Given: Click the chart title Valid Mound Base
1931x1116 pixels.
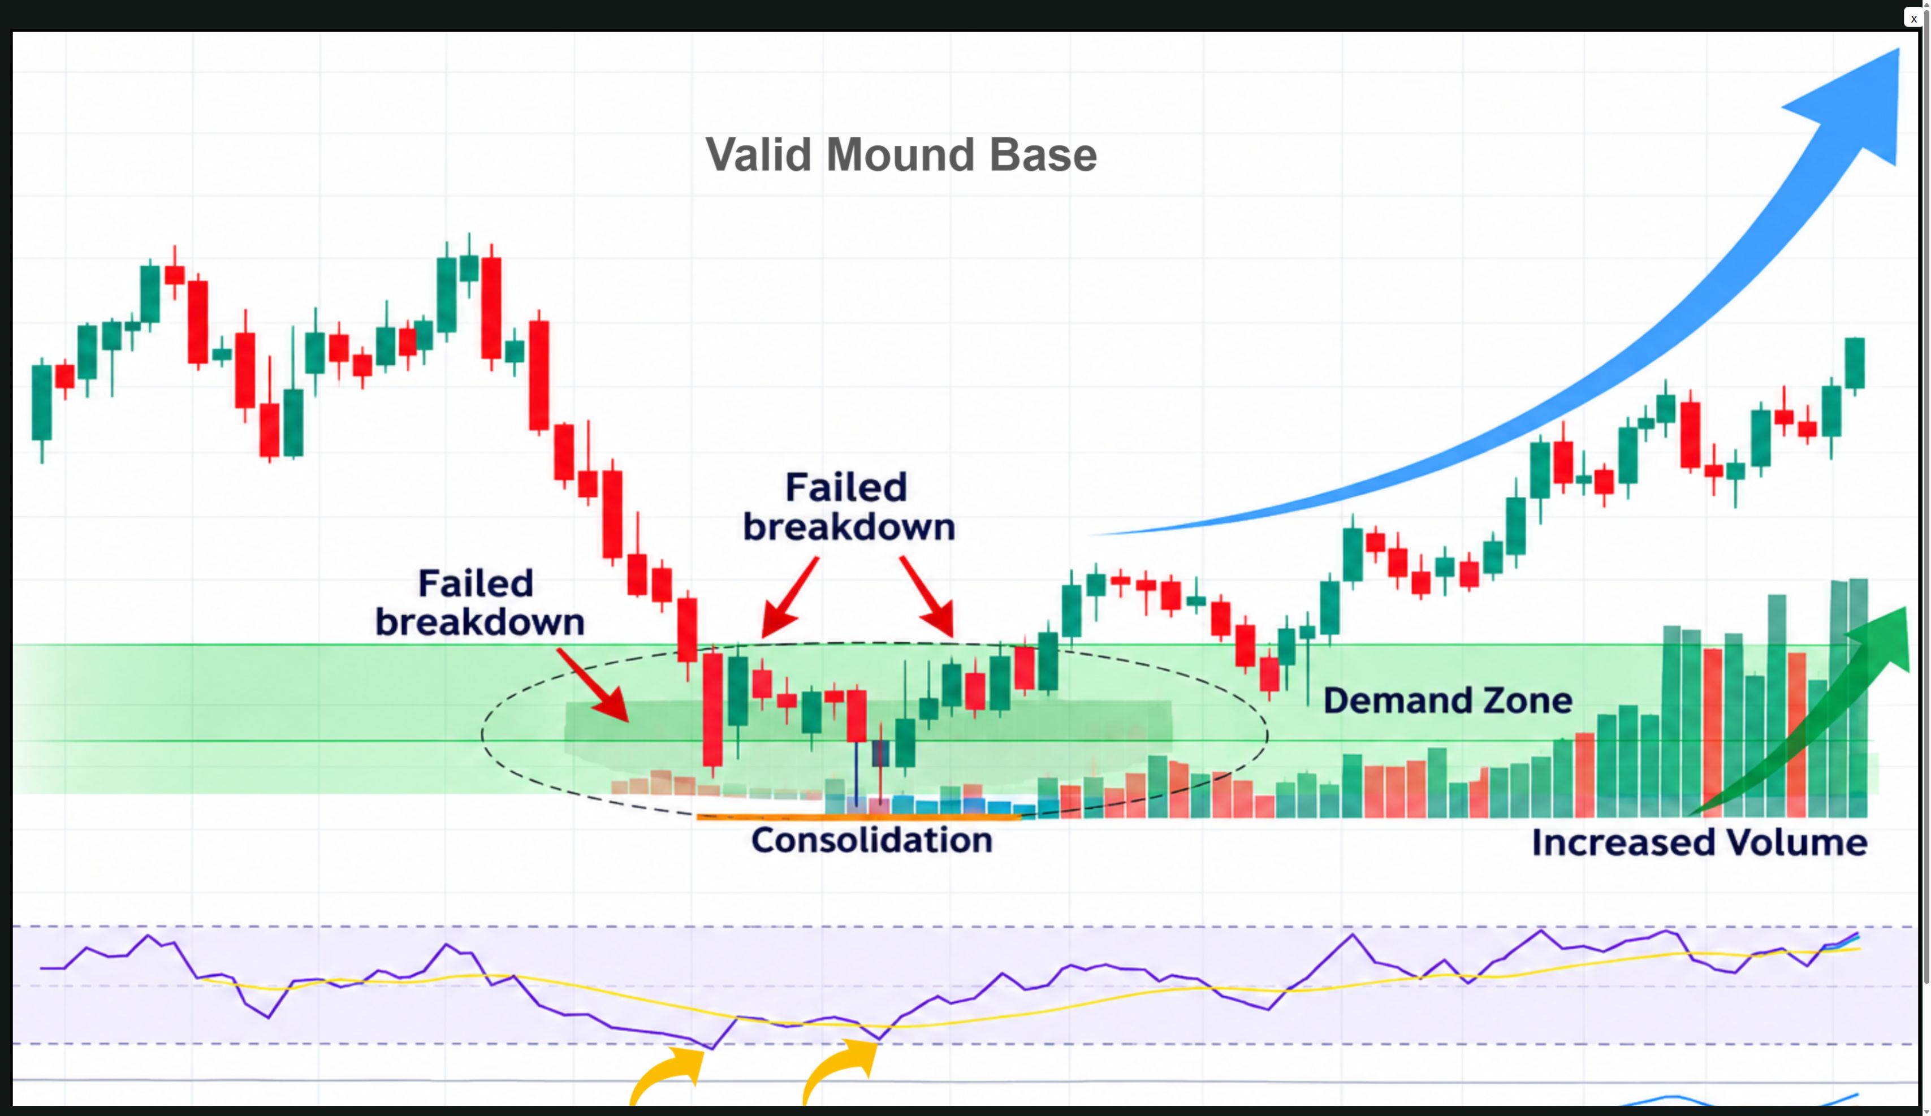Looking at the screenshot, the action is (x=901, y=155).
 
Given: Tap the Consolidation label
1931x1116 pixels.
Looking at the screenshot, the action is (x=871, y=840).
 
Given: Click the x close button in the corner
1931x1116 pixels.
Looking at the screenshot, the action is (x=1913, y=18).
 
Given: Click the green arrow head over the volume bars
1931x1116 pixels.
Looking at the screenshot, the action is (x=1881, y=639).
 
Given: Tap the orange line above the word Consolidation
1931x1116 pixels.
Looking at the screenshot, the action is (x=858, y=817).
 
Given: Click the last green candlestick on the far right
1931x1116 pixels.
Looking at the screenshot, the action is (x=1854, y=364).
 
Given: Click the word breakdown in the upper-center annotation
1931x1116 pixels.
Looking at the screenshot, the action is (x=849, y=527).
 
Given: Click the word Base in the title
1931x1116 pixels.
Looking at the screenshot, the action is (x=1043, y=155).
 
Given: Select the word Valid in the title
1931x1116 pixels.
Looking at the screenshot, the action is (x=759, y=155).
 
